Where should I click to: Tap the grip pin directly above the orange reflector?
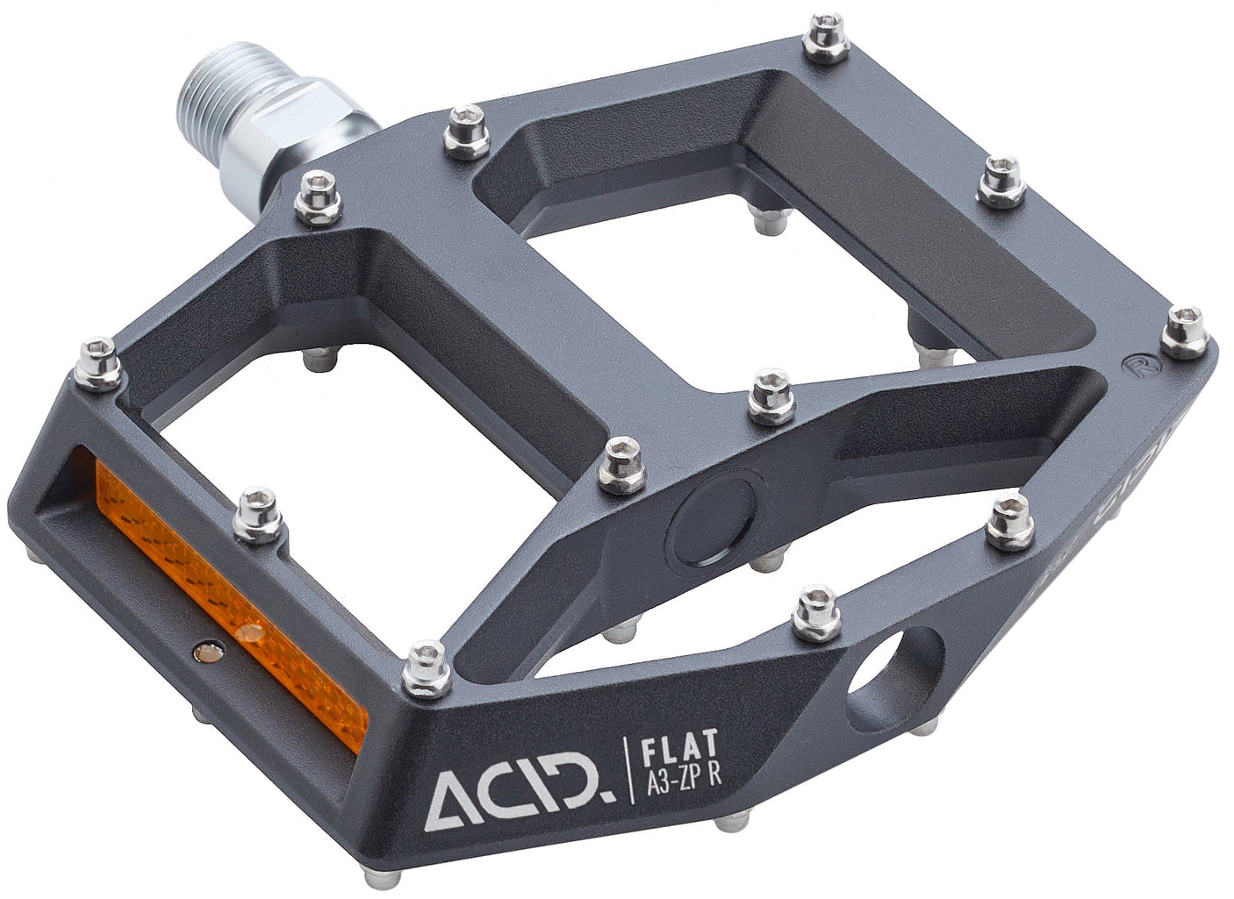point(259,516)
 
